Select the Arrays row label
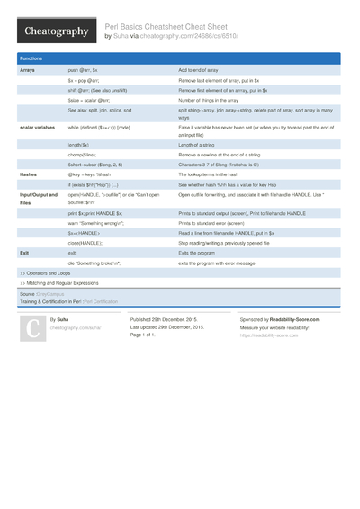[28, 69]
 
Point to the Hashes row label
[29, 174]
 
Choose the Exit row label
[24, 254]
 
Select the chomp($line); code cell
[83, 155]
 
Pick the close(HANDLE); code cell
[85, 243]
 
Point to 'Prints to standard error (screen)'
[220, 221]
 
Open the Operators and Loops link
[47, 272]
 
